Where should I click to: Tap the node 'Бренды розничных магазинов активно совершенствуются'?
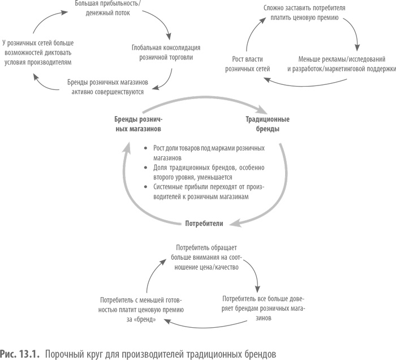[x=105, y=86]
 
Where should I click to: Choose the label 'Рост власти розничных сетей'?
[x=247, y=63]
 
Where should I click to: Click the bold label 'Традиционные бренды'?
[x=268, y=124]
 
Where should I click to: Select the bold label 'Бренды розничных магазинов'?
[x=139, y=124]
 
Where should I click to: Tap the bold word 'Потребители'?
[x=204, y=224]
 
